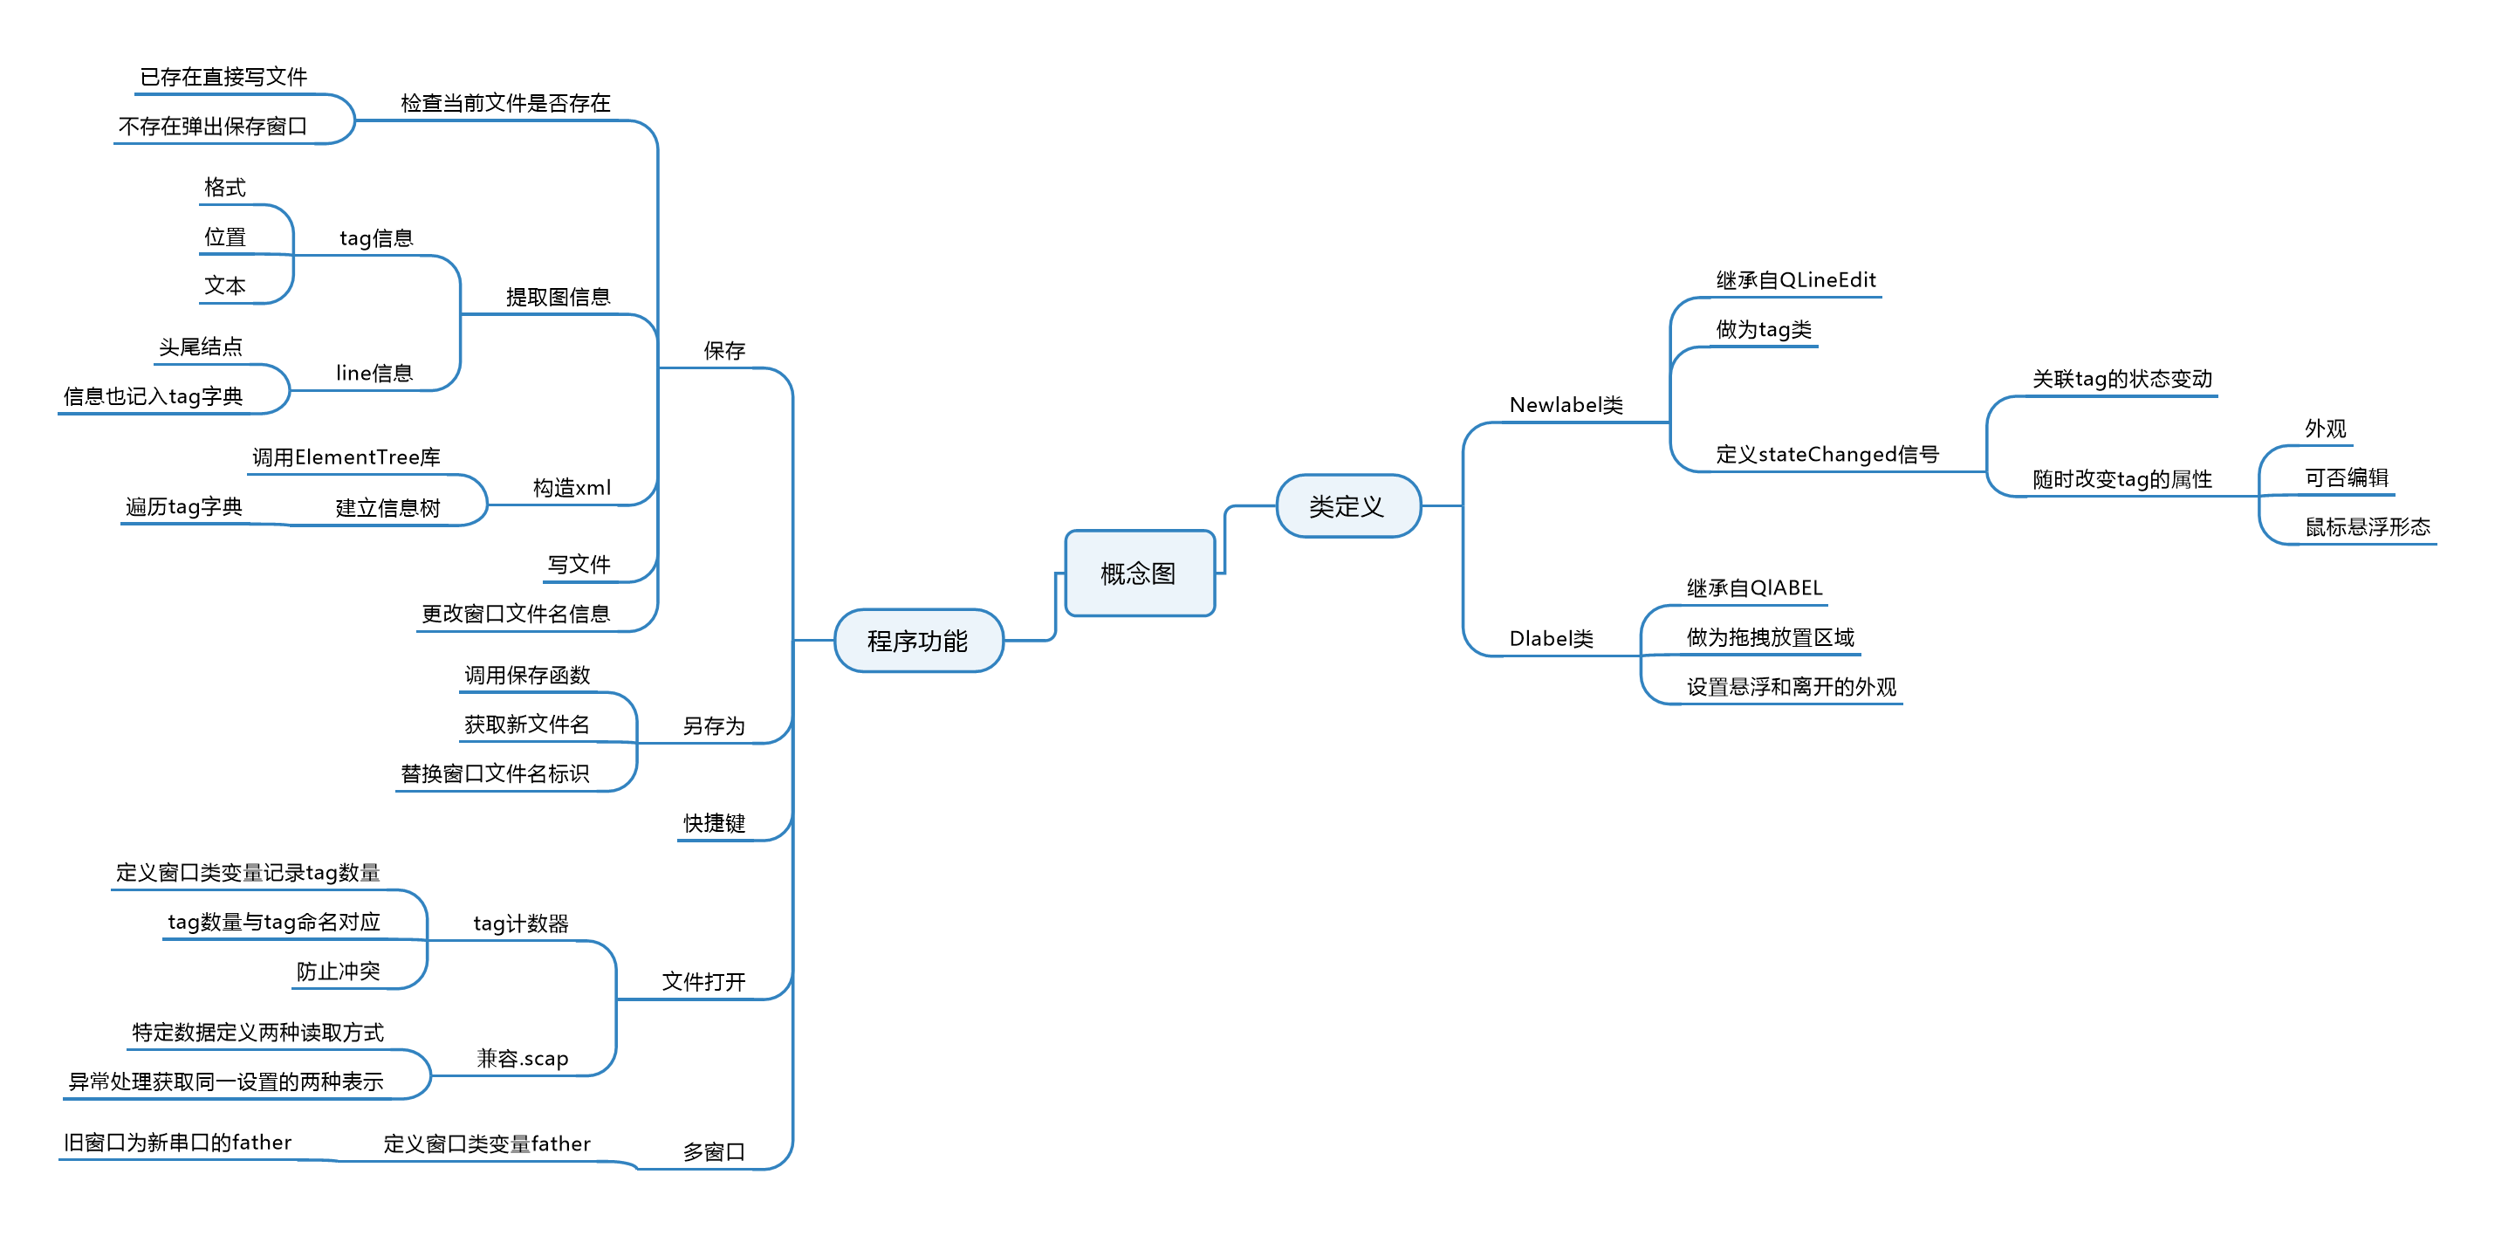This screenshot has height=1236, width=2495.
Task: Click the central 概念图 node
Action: click(x=1139, y=573)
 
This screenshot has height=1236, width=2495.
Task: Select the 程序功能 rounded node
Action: click(x=917, y=642)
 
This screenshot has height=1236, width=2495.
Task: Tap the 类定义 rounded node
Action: click(x=1347, y=505)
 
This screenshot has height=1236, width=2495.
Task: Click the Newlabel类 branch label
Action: click(x=1566, y=405)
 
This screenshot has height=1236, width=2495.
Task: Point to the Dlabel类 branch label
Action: click(x=1551, y=638)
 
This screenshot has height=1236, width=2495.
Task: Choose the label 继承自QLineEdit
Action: click(x=1796, y=280)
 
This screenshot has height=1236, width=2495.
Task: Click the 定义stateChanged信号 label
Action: click(x=1827, y=454)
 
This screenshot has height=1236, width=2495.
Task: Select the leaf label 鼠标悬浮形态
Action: click(x=2367, y=527)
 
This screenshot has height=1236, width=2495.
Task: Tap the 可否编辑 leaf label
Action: click(x=2346, y=477)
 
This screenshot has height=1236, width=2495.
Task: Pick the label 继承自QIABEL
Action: click(x=1754, y=588)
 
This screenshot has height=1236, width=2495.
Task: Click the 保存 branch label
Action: click(x=723, y=351)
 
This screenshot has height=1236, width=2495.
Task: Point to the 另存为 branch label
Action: click(x=713, y=726)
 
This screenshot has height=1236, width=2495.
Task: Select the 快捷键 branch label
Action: click(x=714, y=823)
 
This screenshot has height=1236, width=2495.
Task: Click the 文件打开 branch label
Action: click(x=703, y=982)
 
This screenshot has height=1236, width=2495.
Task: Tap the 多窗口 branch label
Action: click(x=713, y=1151)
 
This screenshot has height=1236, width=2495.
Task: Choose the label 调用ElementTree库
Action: click(x=346, y=457)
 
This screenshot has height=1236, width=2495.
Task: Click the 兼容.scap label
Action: click(x=522, y=1059)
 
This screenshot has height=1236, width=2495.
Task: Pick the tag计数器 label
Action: click(x=520, y=924)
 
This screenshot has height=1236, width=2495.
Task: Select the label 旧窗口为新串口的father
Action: click(x=177, y=1143)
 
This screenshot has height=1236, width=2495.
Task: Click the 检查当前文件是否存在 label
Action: click(x=504, y=104)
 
